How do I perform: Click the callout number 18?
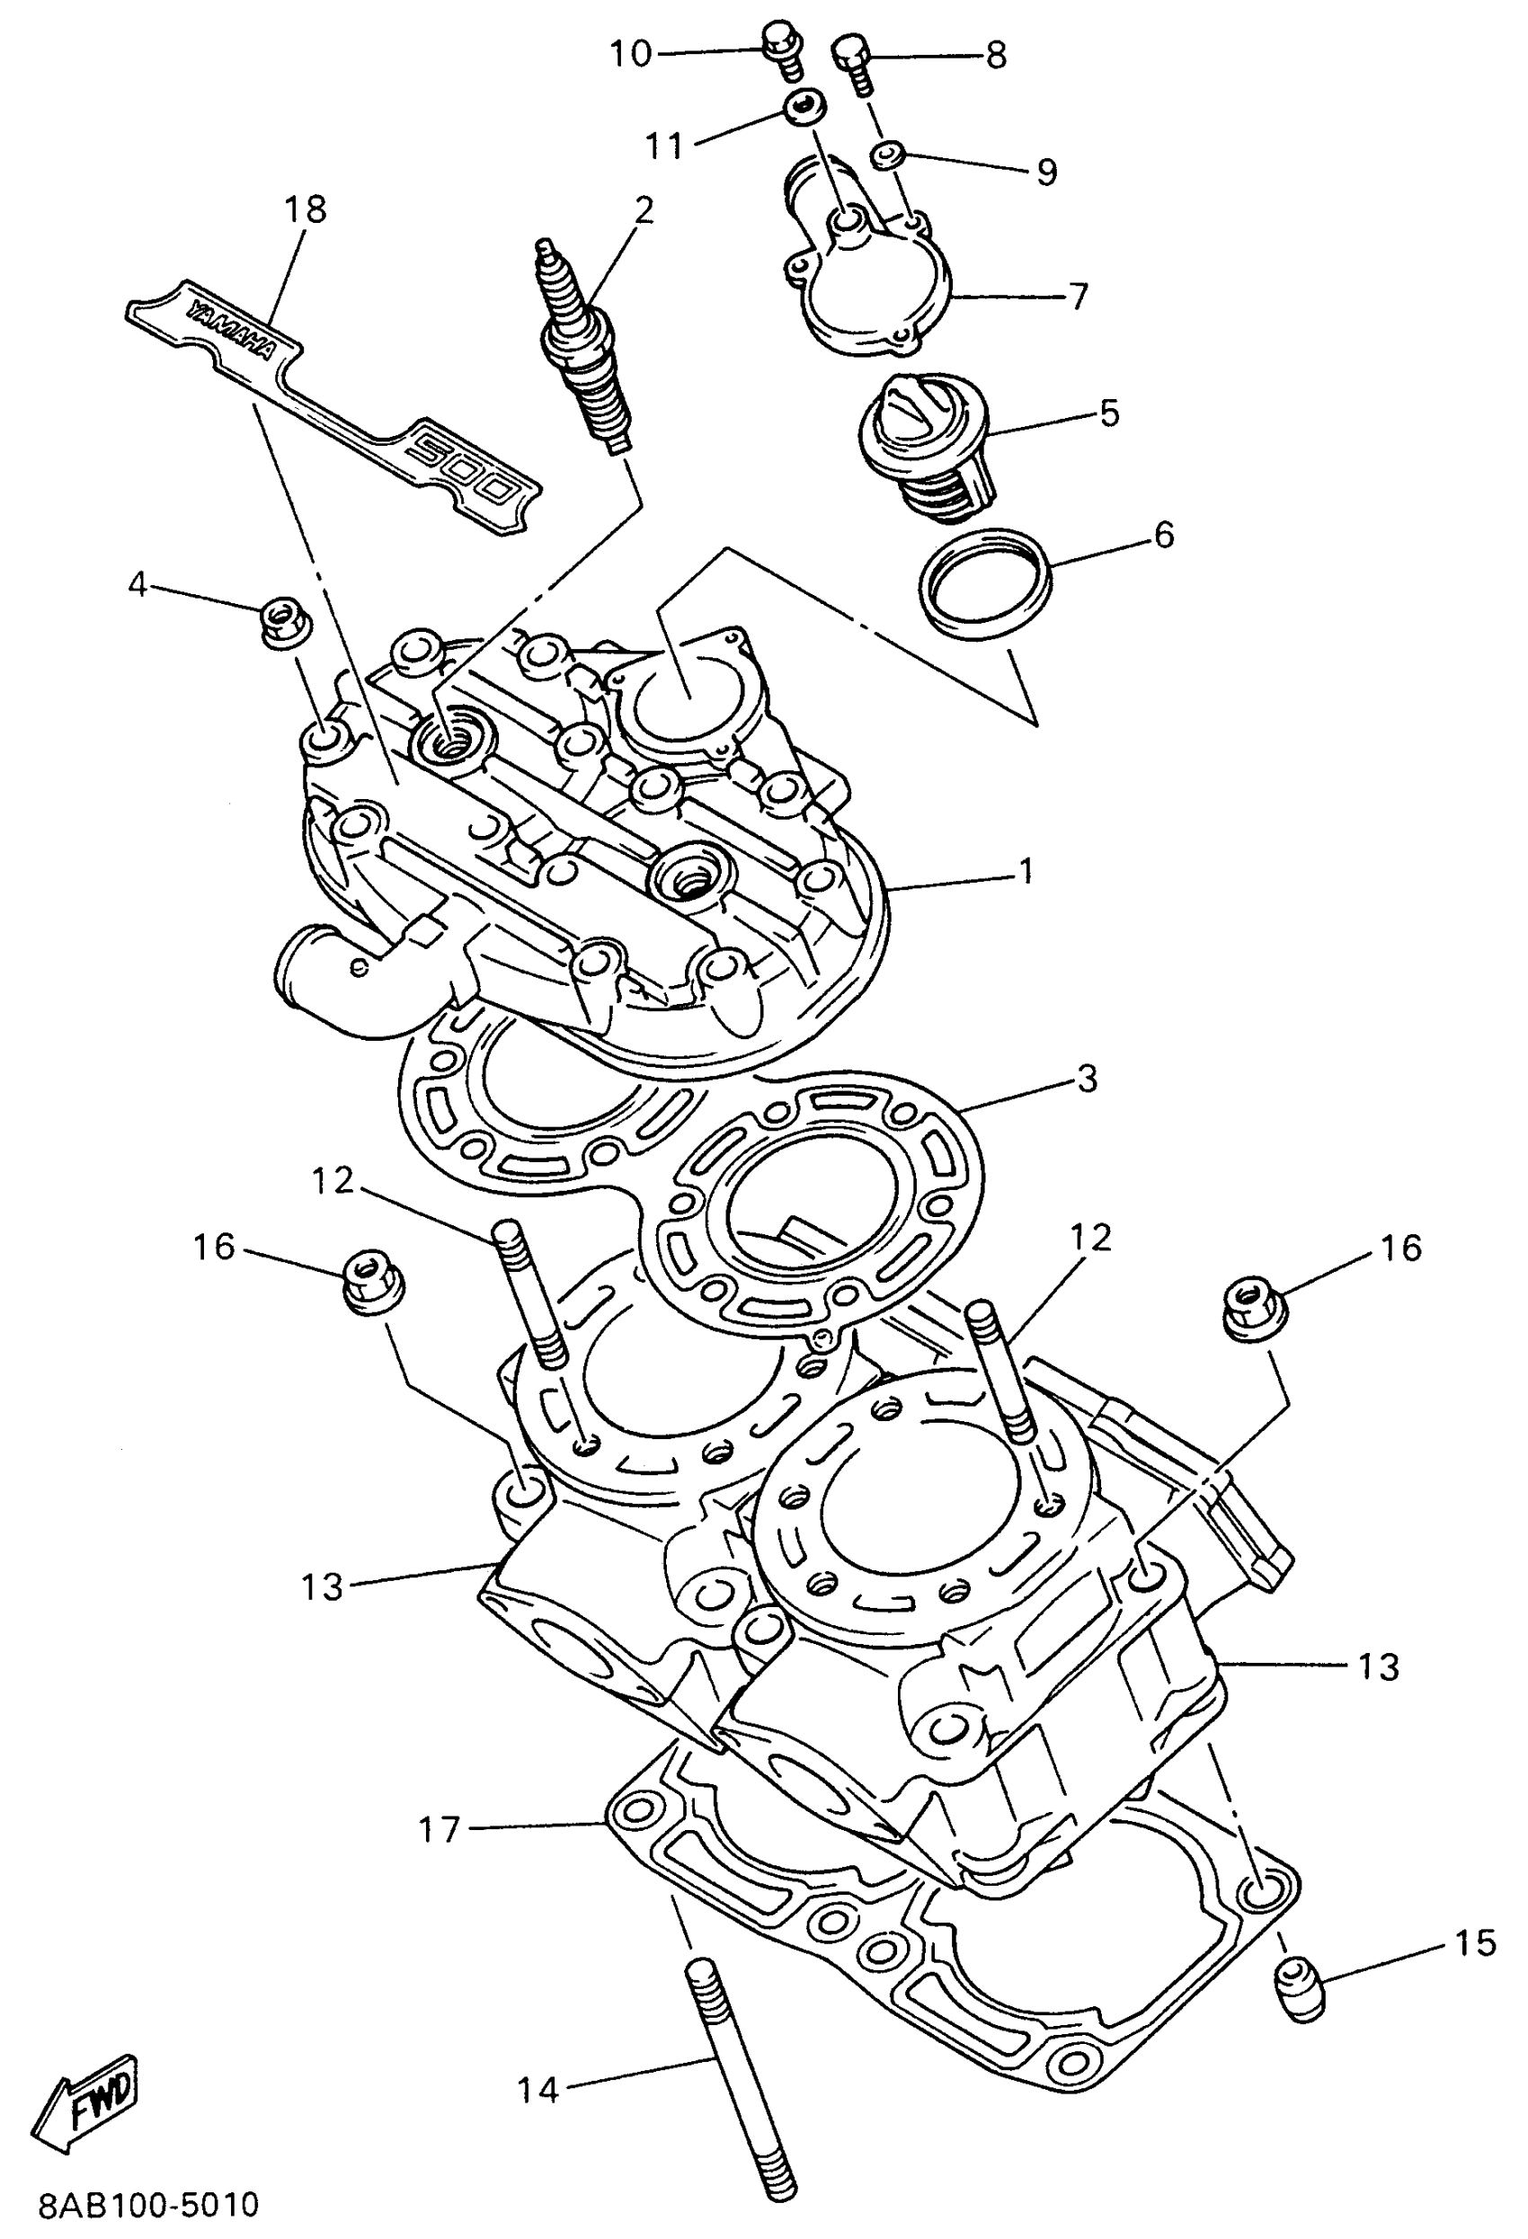tap(306, 209)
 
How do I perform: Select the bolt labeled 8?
tap(853, 59)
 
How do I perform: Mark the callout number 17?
tap(440, 1827)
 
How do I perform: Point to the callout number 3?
tap(1086, 1079)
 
